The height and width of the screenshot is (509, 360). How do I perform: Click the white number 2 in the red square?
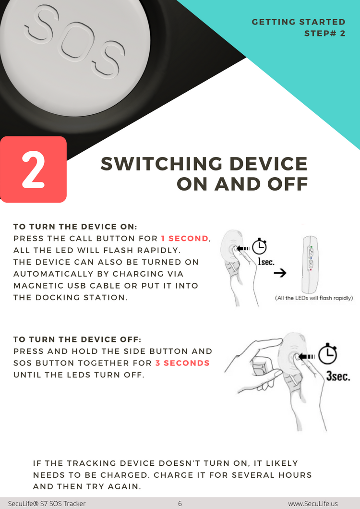click(x=34, y=170)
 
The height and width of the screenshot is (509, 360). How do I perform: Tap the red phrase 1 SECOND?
click(x=184, y=238)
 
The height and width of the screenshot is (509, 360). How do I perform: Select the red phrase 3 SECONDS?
click(x=182, y=363)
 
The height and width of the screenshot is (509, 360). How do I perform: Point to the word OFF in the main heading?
click(x=288, y=184)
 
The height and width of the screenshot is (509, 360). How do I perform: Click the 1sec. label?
click(x=266, y=261)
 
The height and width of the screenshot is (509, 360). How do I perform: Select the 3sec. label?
click(x=338, y=376)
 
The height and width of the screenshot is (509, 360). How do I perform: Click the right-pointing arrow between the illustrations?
click(x=280, y=273)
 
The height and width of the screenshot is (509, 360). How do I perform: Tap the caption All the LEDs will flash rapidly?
click(x=314, y=298)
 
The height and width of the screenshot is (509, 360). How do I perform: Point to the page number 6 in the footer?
click(x=180, y=504)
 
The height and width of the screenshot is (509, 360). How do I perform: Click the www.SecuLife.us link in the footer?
click(x=312, y=504)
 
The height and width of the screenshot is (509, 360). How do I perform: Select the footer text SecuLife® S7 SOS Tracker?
click(x=47, y=504)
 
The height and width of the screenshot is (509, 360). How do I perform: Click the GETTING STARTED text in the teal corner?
click(x=299, y=22)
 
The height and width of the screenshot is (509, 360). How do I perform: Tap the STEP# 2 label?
click(x=325, y=34)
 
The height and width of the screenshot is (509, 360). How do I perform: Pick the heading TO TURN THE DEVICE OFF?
click(x=77, y=339)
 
